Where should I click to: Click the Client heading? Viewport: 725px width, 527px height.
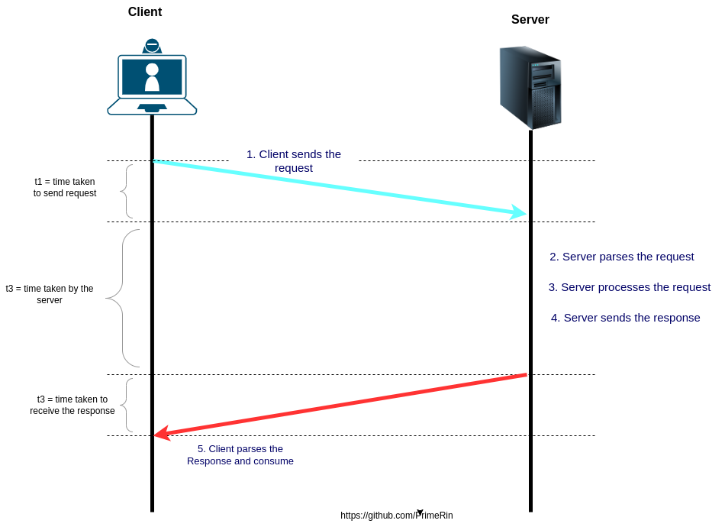coord(145,12)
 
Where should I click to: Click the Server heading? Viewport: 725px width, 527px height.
coord(530,20)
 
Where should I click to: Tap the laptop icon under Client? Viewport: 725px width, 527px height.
coord(152,78)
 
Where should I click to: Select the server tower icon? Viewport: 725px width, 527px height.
coord(530,87)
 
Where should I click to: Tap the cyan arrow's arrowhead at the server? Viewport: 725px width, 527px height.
coord(520,212)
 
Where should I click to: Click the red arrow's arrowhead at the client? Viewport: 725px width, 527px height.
coord(161,433)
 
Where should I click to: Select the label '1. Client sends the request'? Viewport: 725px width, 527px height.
coord(294,160)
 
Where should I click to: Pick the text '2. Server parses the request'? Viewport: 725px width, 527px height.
coord(621,257)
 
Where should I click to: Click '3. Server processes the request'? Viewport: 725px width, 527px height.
coord(629,287)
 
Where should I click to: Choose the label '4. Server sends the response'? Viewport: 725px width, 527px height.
coord(625,318)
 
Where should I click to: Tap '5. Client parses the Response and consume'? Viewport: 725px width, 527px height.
coord(240,455)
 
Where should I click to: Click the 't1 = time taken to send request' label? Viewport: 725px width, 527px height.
coord(65,187)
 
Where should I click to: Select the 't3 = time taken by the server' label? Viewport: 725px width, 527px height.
coord(50,294)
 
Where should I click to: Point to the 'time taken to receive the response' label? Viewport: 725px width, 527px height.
coord(72,405)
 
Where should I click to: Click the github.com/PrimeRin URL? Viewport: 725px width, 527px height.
coord(396,516)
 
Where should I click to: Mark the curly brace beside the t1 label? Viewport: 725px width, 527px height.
coord(126,191)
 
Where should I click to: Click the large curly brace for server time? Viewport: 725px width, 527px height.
coord(122,298)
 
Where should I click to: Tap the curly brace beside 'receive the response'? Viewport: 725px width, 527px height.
coord(127,405)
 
